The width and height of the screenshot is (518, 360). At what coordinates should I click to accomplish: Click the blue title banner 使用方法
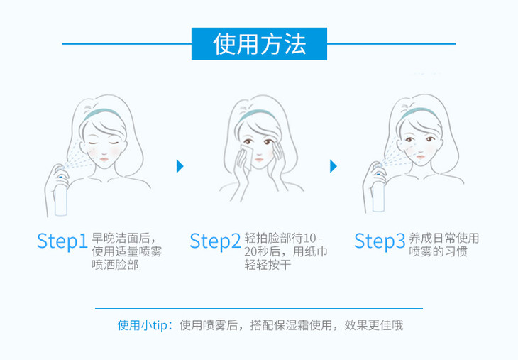pyautogui.click(x=259, y=44)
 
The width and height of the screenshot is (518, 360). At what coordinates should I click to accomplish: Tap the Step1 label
pyautogui.click(x=62, y=241)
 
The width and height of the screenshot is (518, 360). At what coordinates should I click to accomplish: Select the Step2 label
pyautogui.click(x=215, y=241)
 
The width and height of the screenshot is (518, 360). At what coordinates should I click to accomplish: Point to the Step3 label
pyautogui.click(x=380, y=241)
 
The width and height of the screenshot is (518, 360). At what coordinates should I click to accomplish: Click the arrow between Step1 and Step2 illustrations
pyautogui.click(x=180, y=166)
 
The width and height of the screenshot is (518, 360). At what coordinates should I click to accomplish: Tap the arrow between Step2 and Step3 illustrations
pyautogui.click(x=334, y=166)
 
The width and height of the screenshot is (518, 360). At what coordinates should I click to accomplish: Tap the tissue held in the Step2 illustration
pyautogui.click(x=246, y=156)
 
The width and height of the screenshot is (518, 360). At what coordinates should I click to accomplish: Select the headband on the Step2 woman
pyautogui.click(x=257, y=114)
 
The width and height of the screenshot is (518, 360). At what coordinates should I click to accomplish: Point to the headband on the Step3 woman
pyautogui.click(x=418, y=112)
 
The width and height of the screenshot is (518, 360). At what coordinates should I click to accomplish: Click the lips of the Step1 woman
pyautogui.click(x=104, y=159)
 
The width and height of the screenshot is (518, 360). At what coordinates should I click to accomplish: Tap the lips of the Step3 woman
pyautogui.click(x=421, y=157)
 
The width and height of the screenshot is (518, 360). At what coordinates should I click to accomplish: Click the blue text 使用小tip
pyautogui.click(x=143, y=325)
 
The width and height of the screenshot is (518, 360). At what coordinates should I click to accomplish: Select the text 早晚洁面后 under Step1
pyautogui.click(x=120, y=238)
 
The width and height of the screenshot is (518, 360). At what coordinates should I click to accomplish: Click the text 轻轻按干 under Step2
pyautogui.click(x=268, y=265)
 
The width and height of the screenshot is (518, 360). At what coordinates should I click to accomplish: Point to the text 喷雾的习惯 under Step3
pyautogui.click(x=438, y=251)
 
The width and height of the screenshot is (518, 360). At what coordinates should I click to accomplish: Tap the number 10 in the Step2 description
pyautogui.click(x=309, y=239)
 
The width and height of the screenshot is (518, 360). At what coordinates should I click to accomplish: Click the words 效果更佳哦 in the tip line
pyautogui.click(x=374, y=325)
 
